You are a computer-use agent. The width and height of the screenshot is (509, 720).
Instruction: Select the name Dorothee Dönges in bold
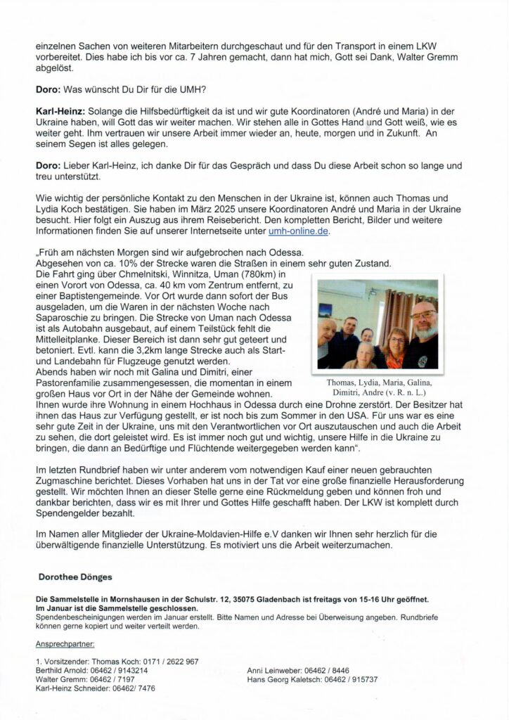pos(75,576)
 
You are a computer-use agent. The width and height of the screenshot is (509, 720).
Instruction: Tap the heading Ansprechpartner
pos(65,643)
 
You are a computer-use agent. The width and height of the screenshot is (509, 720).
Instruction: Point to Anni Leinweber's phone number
pos(330,671)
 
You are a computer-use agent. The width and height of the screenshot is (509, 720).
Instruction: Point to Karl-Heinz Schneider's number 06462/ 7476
pos(129,688)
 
